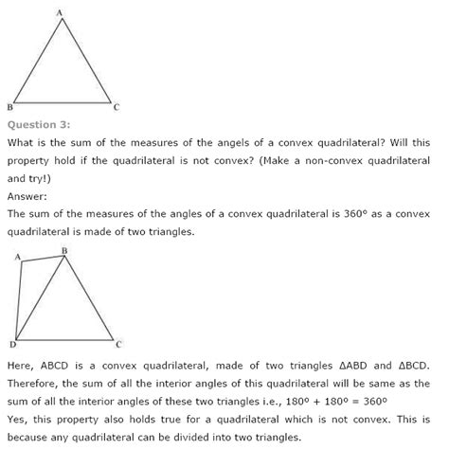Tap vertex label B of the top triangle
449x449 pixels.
pos(9,107)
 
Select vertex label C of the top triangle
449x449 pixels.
pos(116,107)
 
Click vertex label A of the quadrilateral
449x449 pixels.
pos(18,257)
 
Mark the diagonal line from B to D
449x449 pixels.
pos(42,298)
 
